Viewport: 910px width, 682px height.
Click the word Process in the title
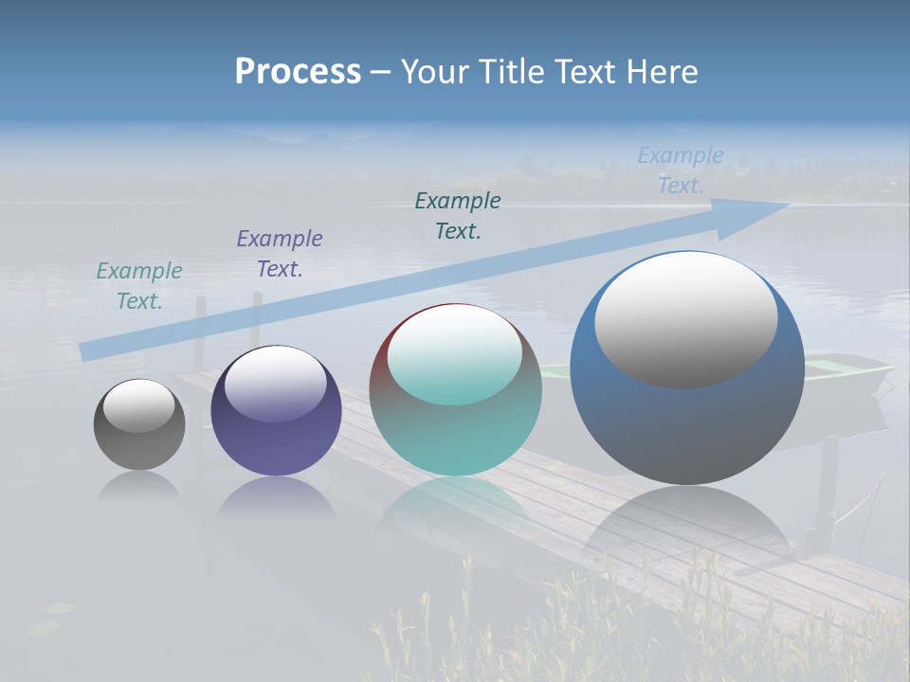(298, 72)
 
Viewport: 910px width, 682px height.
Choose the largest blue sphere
(687, 426)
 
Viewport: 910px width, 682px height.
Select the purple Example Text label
(280, 254)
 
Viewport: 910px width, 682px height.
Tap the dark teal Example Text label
(458, 216)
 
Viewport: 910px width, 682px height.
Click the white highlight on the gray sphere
(138, 405)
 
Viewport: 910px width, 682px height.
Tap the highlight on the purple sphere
(275, 384)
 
